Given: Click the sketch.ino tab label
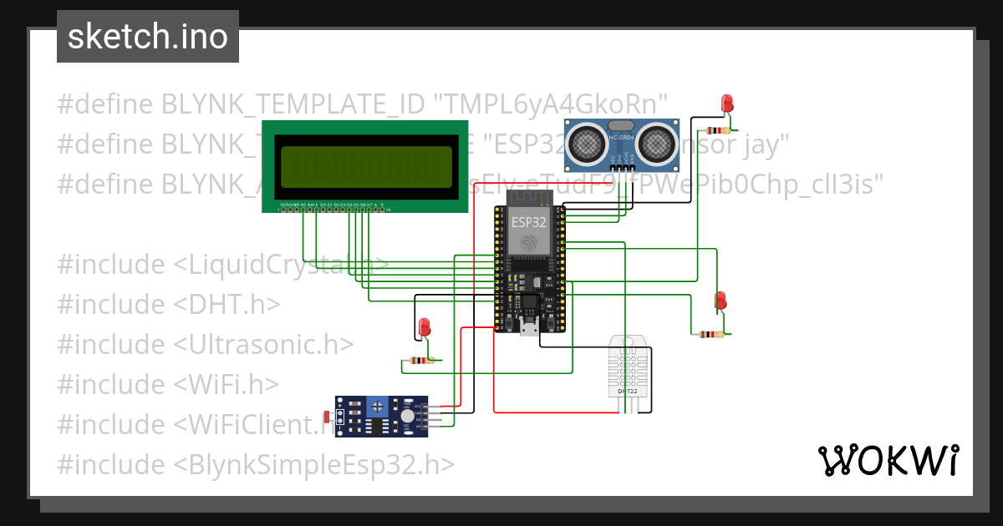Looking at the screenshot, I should point(147,38).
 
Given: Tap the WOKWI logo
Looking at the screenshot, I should point(888,460).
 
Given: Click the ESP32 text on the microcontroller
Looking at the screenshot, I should point(528,221).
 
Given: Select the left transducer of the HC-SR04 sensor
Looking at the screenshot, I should point(589,144).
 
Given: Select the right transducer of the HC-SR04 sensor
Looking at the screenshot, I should point(659,144).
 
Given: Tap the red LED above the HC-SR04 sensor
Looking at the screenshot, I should point(726,104).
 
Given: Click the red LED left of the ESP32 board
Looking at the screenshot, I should point(424,326).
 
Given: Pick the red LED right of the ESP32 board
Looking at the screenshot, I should point(720,300).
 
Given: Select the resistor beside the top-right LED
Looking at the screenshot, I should point(717,130).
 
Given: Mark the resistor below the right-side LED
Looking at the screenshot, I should point(711,334).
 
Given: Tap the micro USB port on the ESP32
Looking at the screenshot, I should point(528,327).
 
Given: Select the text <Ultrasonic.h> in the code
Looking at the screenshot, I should point(262,344).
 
